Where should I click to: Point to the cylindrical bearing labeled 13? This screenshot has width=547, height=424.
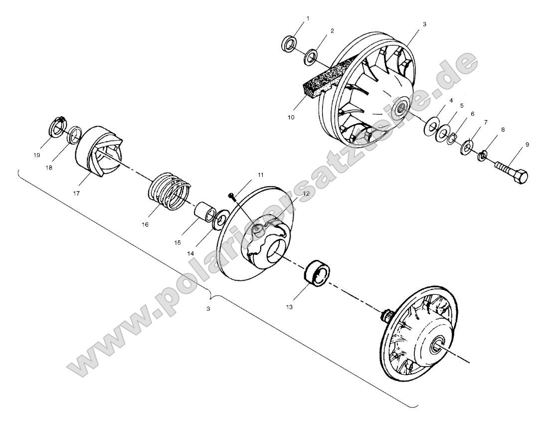coord(316,273)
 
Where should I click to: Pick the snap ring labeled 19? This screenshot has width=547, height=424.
coord(57,127)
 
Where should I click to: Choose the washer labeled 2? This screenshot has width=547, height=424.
coord(310,56)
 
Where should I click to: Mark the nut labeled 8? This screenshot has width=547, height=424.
coord(482,157)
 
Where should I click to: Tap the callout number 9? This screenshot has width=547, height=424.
coord(527,145)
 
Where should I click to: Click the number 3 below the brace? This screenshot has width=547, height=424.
coord(208,309)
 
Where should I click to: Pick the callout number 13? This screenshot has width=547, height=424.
coord(290,307)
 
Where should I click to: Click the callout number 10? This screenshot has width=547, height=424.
coord(291,117)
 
